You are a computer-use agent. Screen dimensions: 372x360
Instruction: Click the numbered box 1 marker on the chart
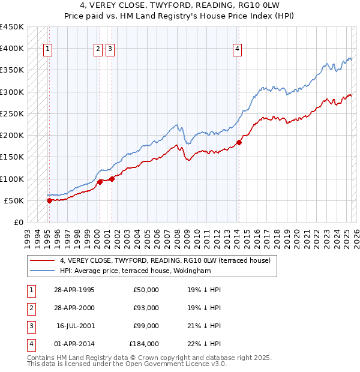47,50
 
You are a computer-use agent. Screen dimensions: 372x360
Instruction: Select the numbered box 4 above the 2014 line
238,50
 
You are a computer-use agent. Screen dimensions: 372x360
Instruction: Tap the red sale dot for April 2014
239,142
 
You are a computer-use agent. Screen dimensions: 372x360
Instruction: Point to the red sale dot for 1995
49,200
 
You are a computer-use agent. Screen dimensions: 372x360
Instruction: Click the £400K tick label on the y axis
12,49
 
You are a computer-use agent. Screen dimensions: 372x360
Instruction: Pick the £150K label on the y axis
12,157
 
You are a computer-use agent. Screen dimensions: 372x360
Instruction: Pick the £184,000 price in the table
143,344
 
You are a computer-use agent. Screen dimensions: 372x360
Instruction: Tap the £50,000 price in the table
146,290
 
